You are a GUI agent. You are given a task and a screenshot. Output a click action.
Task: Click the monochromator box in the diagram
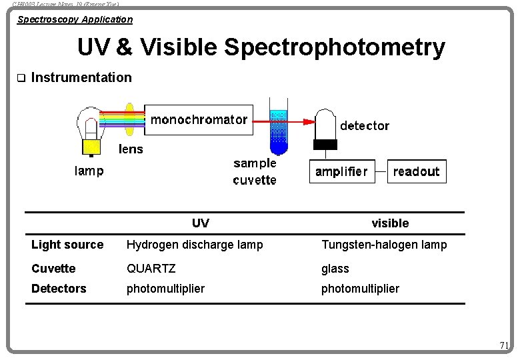[x=199, y=120]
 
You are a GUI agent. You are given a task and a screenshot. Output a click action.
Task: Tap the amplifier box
[x=341, y=171]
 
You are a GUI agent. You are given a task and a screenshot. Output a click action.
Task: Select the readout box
[x=416, y=171]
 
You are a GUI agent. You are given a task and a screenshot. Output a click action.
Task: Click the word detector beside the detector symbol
[x=365, y=125]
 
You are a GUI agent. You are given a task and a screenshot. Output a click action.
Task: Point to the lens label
[x=131, y=149]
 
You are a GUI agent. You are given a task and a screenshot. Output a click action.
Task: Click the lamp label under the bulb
[x=89, y=171]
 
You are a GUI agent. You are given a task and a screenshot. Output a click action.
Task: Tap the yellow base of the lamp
[x=91, y=146]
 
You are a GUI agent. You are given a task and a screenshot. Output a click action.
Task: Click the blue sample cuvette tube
[x=278, y=130]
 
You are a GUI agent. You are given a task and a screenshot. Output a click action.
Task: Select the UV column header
[x=200, y=223]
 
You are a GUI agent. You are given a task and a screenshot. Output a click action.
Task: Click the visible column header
[x=390, y=223]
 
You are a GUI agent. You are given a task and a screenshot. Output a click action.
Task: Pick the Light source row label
[x=67, y=245]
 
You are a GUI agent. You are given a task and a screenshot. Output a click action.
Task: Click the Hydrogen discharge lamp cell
[x=195, y=245]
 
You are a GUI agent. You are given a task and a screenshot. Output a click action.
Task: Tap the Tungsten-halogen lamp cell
[x=384, y=245]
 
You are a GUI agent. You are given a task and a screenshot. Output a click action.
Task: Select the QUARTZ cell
[x=151, y=269]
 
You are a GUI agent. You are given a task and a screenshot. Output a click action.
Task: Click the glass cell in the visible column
[x=335, y=269]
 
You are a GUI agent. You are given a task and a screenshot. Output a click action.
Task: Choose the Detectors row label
[x=59, y=289]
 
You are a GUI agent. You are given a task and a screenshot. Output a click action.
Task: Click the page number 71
[x=504, y=345]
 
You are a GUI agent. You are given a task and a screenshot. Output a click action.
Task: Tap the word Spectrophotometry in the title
[x=335, y=47]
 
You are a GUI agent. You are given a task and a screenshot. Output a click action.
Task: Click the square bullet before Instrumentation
[x=20, y=78]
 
